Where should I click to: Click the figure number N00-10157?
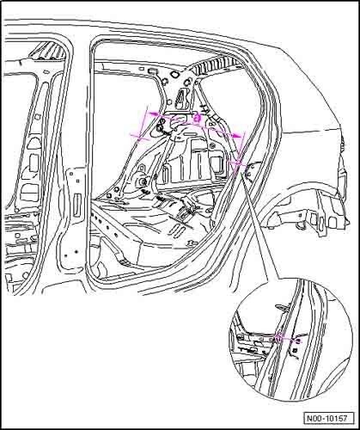tap(326, 418)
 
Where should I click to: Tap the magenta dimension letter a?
tap(197, 118)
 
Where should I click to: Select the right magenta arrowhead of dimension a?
tap(236, 136)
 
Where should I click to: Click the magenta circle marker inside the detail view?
tap(279, 338)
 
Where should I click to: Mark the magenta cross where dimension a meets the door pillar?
tap(238, 163)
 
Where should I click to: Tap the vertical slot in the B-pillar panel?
tap(76, 206)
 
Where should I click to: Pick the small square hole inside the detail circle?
tap(295, 350)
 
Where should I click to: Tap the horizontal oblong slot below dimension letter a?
tap(189, 135)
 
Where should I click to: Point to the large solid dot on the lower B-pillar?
tap(76, 252)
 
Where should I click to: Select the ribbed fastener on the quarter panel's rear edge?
tap(342, 144)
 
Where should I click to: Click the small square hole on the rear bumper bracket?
tap(299, 214)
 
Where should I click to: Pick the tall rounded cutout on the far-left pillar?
tap(34, 163)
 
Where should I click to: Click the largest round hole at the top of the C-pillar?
tap(174, 75)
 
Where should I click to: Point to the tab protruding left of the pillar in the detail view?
tap(282, 307)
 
